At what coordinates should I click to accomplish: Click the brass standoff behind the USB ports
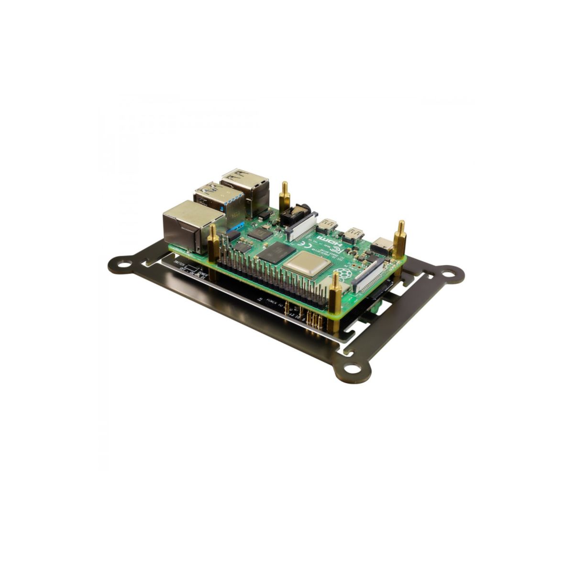286,194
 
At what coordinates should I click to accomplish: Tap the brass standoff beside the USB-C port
400,234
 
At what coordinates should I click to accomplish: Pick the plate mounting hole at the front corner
353,368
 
